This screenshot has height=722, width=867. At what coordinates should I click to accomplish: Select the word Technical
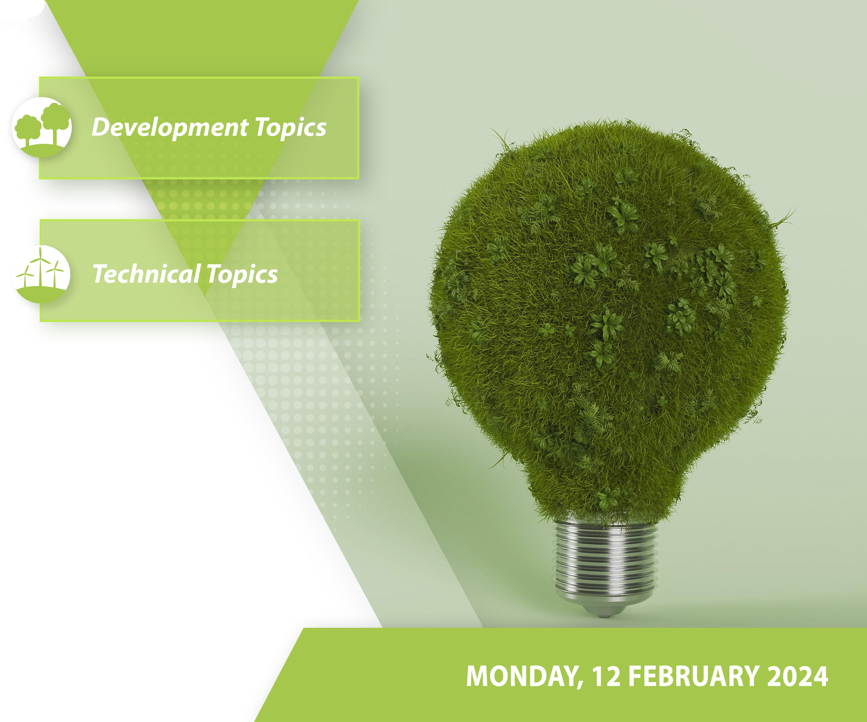point(146,274)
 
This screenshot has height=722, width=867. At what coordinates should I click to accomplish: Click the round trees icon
point(42,127)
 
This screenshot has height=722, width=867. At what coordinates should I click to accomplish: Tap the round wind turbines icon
point(41,274)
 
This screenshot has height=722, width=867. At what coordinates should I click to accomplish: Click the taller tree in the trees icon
point(55,122)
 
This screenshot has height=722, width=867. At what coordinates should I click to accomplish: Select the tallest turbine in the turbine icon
point(40,266)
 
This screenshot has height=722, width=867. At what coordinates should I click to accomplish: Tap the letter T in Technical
point(100,274)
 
